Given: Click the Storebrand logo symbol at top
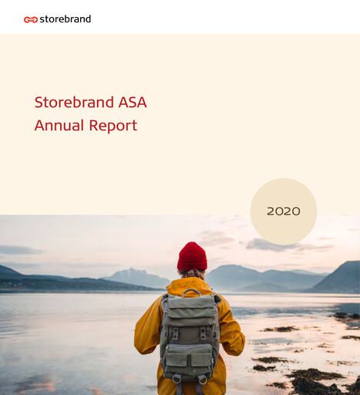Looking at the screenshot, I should [x=31, y=19].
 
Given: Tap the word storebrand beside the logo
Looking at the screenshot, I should [x=65, y=19].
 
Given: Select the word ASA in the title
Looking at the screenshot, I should [x=127, y=102].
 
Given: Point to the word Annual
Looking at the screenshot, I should [x=59, y=125].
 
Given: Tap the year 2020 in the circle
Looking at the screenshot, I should [x=284, y=211].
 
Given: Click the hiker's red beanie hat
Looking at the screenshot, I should [x=191, y=257].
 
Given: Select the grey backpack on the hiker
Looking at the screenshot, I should [x=190, y=336].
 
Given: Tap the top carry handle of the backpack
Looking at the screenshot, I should [x=190, y=292].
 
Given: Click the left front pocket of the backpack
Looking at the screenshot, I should [x=177, y=358].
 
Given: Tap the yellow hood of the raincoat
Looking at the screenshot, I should [x=191, y=283].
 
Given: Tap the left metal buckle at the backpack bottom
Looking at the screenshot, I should [x=178, y=378].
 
